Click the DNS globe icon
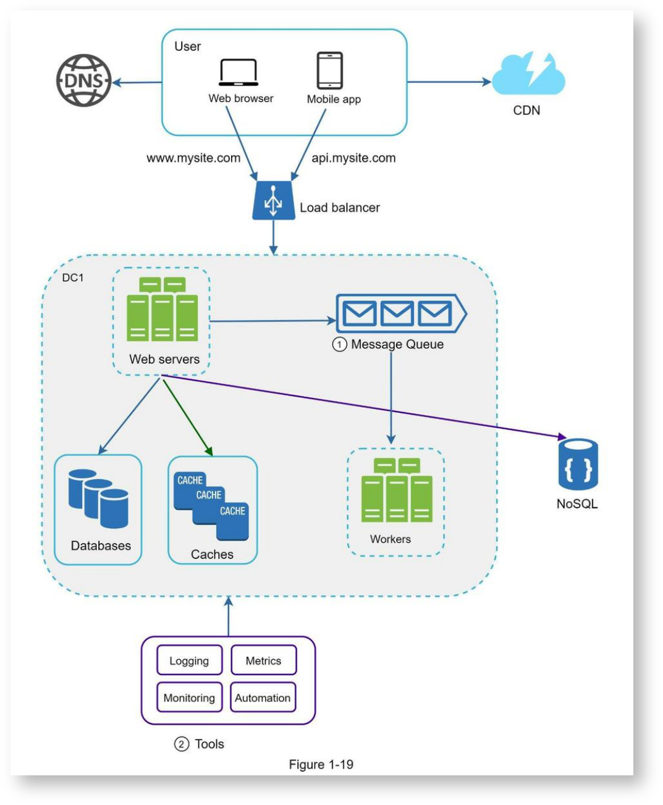(83, 80)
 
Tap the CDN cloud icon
(528, 74)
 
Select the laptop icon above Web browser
(239, 72)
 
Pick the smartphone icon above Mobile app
(329, 70)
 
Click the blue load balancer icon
(274, 200)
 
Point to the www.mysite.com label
(193, 158)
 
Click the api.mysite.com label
(353, 158)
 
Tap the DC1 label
(72, 277)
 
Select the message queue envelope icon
(401, 313)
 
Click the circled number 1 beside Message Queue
(339, 344)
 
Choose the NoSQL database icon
(578, 464)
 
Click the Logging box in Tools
(189, 661)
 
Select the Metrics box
(264, 661)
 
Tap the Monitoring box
(189, 698)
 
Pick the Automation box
(263, 698)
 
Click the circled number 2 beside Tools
(181, 744)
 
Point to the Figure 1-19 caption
(321, 764)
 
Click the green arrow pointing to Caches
(187, 418)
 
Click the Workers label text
(391, 539)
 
